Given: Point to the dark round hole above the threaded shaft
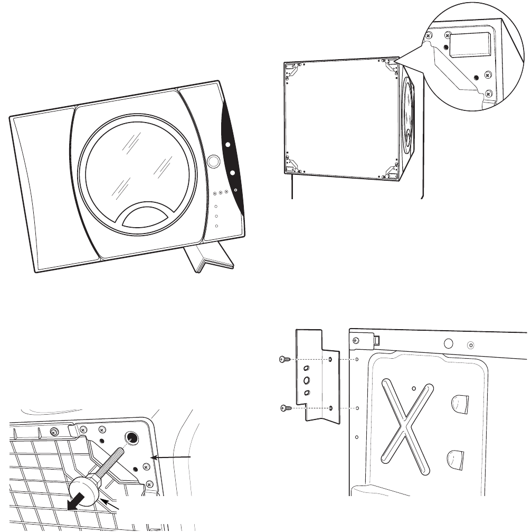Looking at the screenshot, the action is [131, 437].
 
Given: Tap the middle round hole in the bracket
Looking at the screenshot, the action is [306, 380].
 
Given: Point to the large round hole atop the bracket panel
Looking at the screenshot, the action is [449, 343].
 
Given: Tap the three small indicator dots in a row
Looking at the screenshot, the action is [221, 192].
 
